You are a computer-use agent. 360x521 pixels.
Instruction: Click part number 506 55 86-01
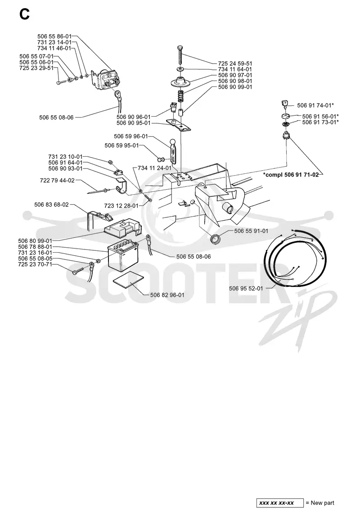[54, 36]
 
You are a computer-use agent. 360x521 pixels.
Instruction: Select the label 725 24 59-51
[235, 63]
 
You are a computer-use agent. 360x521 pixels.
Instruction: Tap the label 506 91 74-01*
[315, 105]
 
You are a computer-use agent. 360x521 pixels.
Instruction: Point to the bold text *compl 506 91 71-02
[291, 175]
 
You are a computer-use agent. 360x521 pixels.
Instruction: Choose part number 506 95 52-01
[246, 288]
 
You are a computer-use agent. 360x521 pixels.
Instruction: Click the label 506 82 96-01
[167, 295]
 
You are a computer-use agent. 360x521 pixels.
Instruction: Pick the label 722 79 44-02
[57, 181]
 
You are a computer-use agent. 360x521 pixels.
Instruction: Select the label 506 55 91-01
[251, 231]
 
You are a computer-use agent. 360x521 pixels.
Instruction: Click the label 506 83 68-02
[51, 205]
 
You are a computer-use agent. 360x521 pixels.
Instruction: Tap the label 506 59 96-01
[131, 136]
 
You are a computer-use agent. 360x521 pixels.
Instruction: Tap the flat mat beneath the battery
[128, 278]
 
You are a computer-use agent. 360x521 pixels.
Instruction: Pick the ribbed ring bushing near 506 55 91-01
[216, 238]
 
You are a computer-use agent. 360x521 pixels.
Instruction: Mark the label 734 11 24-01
[154, 168]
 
